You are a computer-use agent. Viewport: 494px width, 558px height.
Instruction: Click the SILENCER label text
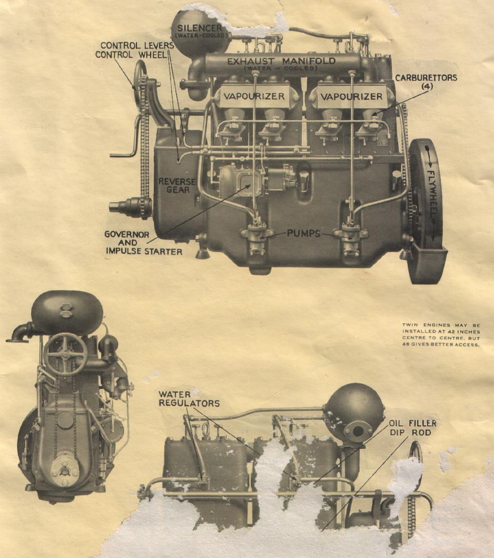(x=200, y=28)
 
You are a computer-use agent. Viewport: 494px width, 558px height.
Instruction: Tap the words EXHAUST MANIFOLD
(x=281, y=61)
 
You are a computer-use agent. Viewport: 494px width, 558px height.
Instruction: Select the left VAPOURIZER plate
(x=254, y=96)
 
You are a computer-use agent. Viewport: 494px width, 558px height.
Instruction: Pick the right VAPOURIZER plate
(x=351, y=96)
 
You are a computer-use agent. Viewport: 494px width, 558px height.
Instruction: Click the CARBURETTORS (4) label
(x=426, y=82)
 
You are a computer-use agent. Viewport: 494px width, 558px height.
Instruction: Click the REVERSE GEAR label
(x=177, y=185)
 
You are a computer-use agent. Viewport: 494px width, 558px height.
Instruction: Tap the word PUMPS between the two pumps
(x=303, y=233)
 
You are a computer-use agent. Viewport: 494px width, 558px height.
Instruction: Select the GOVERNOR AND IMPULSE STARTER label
(x=143, y=243)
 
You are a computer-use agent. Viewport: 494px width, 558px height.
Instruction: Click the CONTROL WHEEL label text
(x=131, y=55)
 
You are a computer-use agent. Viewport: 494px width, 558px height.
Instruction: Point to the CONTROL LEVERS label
(x=137, y=46)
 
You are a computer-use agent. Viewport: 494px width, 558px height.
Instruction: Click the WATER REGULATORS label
(x=189, y=398)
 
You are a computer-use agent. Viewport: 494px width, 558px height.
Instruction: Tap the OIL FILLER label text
(x=412, y=423)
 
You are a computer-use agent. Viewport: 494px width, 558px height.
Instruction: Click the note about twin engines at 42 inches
(x=441, y=335)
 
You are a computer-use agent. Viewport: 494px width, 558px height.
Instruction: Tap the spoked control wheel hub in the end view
(x=66, y=354)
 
